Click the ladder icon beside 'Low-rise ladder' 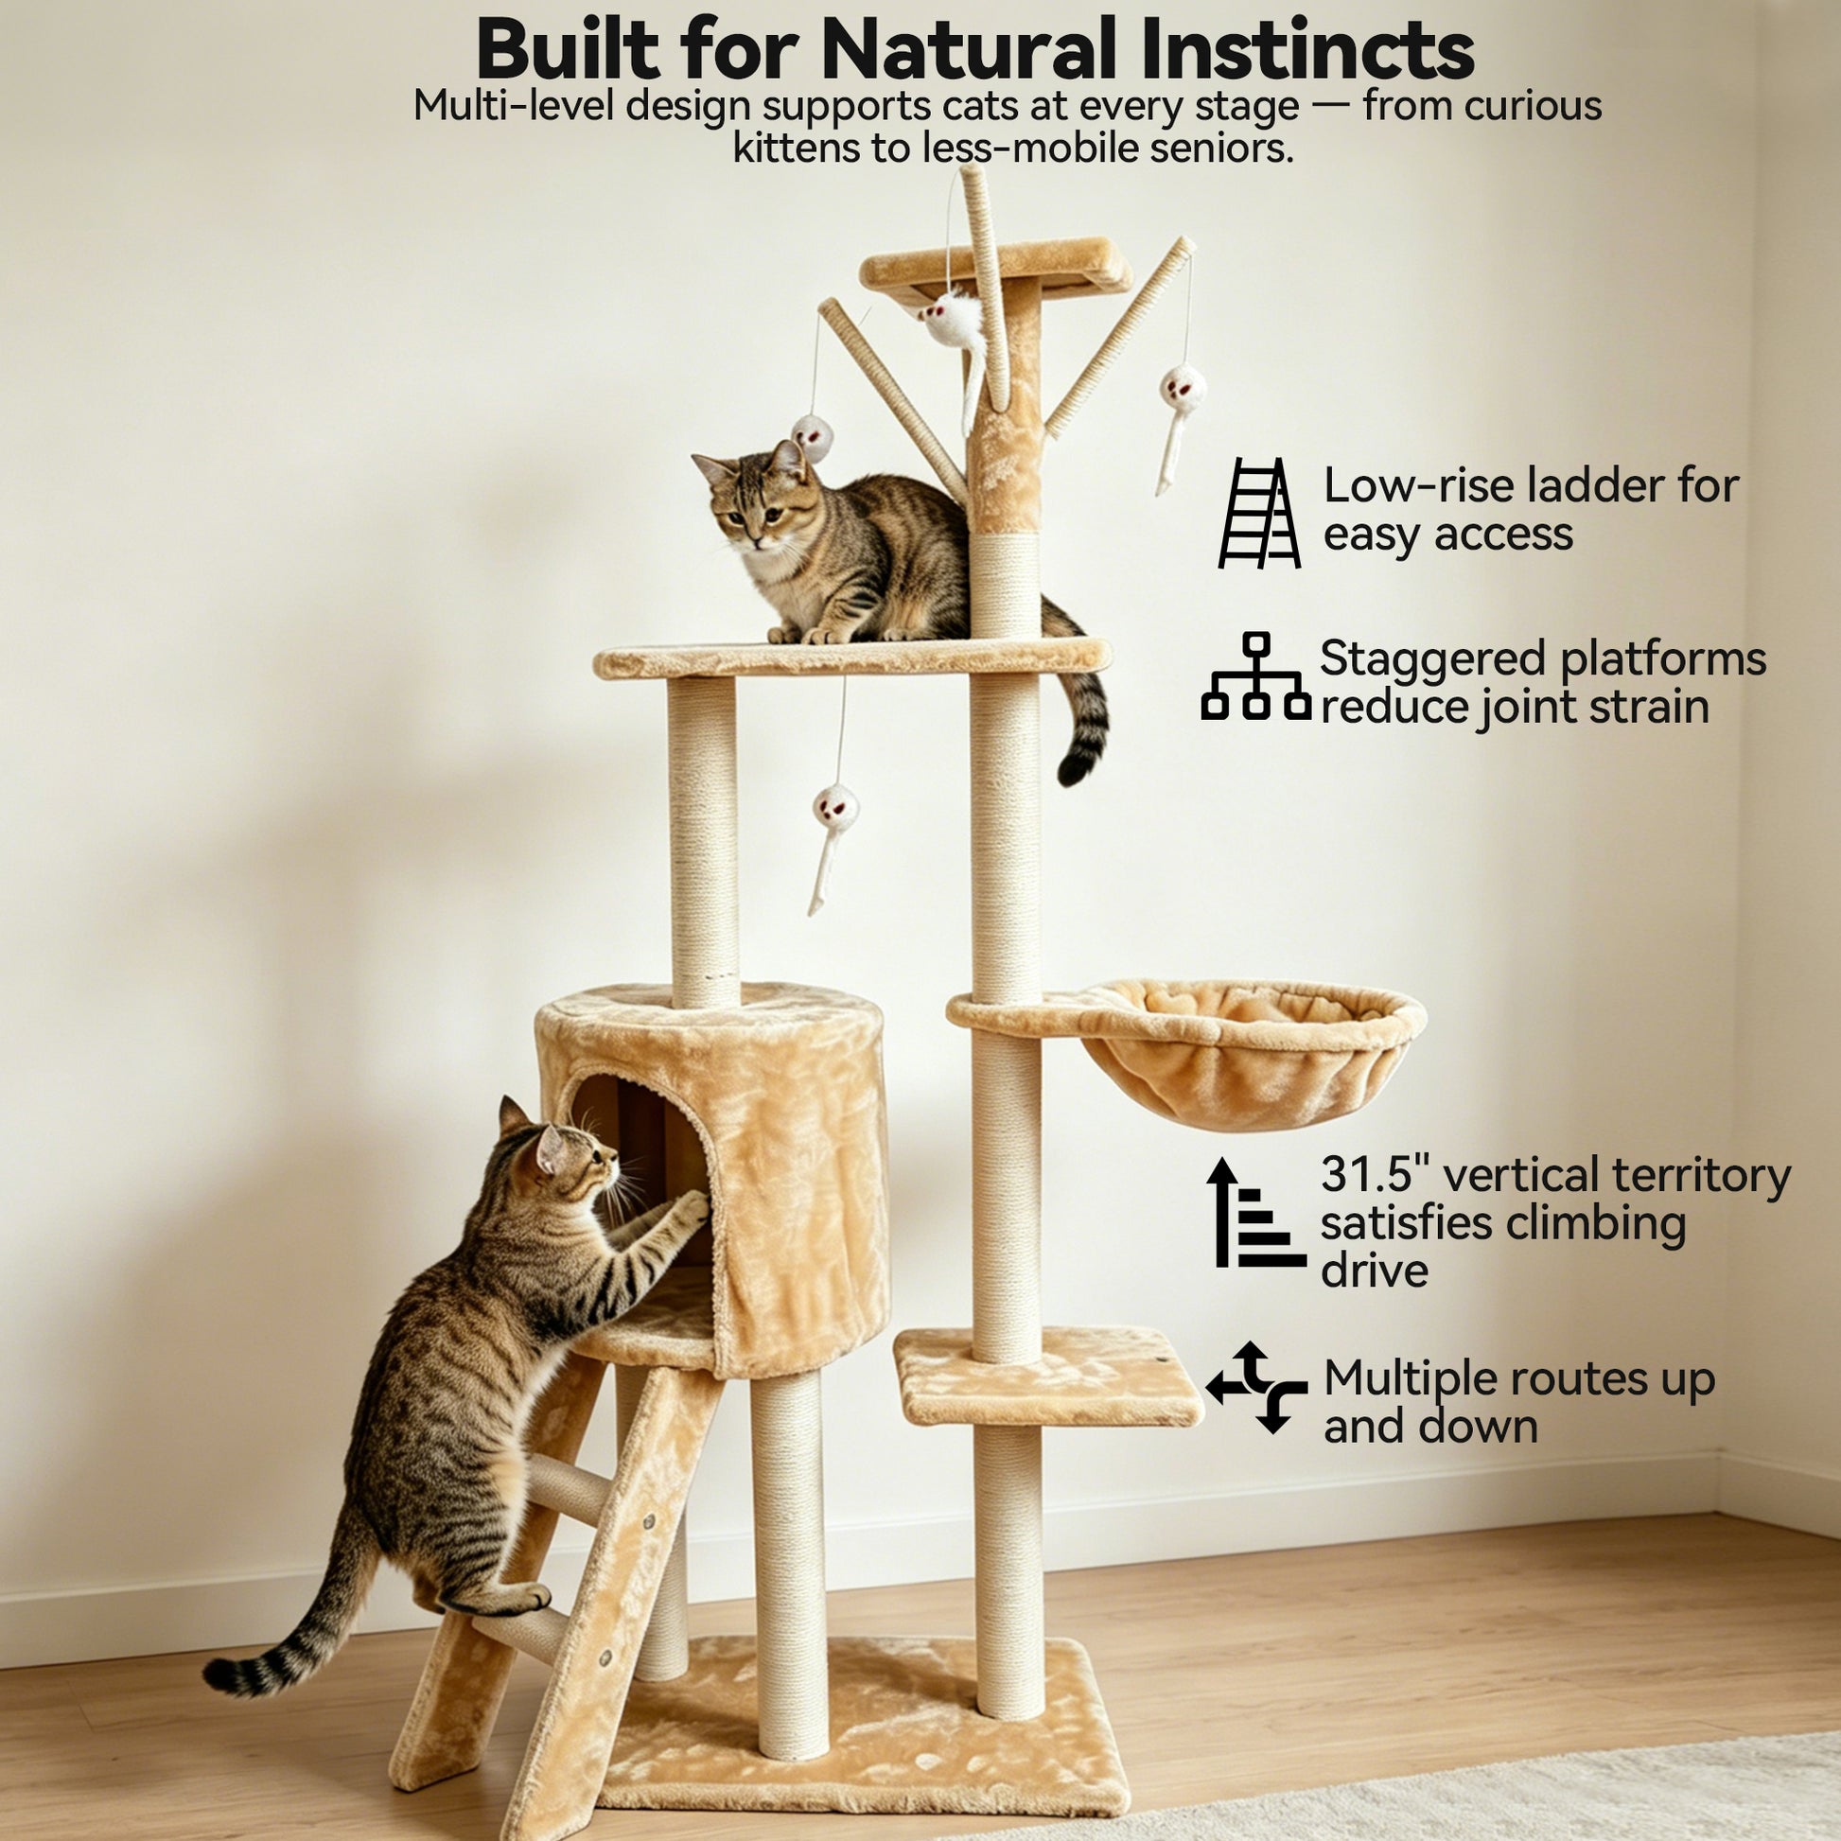1259,514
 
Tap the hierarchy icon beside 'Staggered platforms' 1256,675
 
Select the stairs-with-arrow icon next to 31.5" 1256,1211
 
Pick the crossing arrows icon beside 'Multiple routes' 1256,1388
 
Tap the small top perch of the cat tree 996,266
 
